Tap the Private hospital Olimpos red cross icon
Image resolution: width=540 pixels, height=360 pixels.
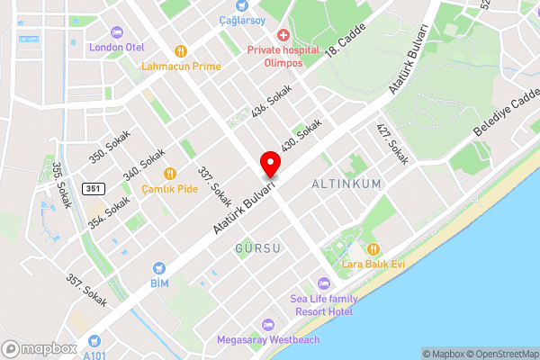point(283,35)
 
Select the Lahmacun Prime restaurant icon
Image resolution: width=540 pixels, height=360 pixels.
point(181,51)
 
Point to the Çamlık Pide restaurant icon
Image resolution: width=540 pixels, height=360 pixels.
point(169,174)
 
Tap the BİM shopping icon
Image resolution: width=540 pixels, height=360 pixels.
point(158,267)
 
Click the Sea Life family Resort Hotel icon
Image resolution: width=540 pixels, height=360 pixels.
point(324,284)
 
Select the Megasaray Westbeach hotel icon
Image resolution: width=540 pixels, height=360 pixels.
point(266,324)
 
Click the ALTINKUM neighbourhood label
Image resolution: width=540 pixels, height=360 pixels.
point(346,184)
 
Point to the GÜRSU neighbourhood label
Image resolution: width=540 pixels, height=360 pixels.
point(257,247)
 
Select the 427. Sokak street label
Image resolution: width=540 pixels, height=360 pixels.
point(393,143)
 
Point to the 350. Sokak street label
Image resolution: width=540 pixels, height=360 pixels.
point(110,146)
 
